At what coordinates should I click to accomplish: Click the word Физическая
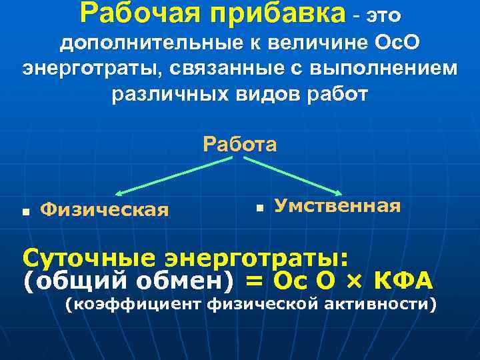coord(105,211)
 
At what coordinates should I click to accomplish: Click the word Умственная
coord(337,206)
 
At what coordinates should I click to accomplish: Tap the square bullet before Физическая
coord(25,212)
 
